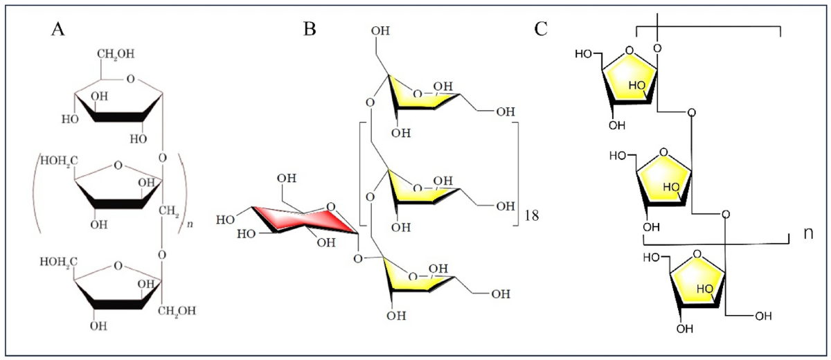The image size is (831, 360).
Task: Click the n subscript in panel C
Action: click(x=807, y=233)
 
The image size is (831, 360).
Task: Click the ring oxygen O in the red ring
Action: click(x=329, y=206)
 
